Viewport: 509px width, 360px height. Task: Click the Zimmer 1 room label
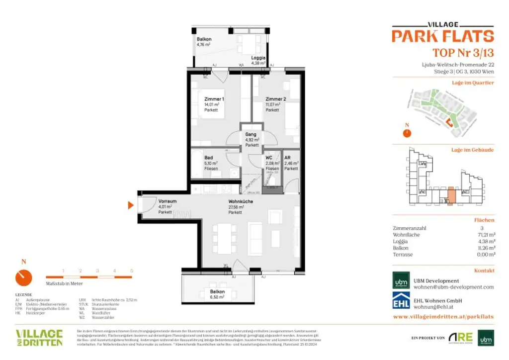click(x=214, y=99)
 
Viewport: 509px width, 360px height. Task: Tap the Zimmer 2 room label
click(x=275, y=99)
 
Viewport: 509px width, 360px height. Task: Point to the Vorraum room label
click(x=168, y=201)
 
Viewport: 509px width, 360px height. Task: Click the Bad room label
click(x=209, y=158)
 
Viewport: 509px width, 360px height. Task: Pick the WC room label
click(x=269, y=158)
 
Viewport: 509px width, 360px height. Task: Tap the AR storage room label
click(x=287, y=158)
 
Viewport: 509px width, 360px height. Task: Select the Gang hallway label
click(x=251, y=135)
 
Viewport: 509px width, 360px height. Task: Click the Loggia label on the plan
click(x=258, y=58)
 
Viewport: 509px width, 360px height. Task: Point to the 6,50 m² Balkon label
click(x=217, y=292)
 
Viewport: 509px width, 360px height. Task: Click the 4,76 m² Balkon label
click(x=204, y=39)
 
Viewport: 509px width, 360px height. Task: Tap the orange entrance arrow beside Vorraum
click(x=131, y=205)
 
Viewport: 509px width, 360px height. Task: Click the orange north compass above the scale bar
click(x=23, y=277)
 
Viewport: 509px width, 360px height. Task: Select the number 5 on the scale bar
click(x=131, y=270)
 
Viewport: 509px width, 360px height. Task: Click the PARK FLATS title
click(x=442, y=36)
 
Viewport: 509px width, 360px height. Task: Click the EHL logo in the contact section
click(x=401, y=302)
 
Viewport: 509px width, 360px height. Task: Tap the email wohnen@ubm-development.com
click(x=454, y=287)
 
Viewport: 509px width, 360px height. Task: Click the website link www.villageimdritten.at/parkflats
click(x=443, y=316)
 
